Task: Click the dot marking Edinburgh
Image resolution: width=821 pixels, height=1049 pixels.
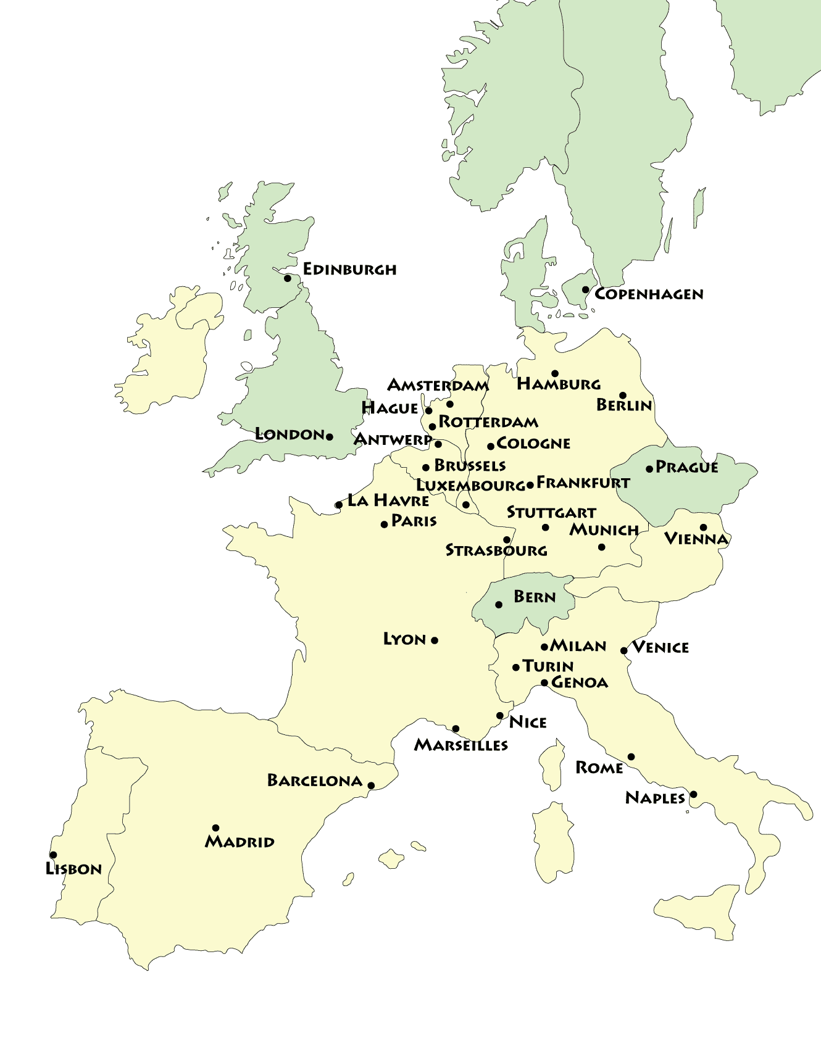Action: coord(287,278)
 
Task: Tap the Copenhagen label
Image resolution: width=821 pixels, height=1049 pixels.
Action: coord(648,294)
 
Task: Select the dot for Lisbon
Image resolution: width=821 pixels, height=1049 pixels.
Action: coord(53,855)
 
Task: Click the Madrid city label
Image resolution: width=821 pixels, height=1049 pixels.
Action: coord(240,842)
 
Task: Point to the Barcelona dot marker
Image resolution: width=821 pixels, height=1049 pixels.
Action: coord(371,786)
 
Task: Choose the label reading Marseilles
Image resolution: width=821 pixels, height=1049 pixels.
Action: coord(461,745)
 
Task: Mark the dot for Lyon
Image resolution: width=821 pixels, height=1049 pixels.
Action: coord(435,641)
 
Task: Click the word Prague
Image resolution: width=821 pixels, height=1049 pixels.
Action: coord(686,467)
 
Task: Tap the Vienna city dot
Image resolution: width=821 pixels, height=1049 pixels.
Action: coord(703,528)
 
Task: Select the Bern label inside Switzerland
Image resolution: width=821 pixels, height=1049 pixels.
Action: coord(535,597)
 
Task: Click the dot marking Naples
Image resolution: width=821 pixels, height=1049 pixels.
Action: coord(693,794)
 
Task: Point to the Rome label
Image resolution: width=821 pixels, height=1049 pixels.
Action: coord(599,768)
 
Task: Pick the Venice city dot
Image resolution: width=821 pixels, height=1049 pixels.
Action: coord(624,650)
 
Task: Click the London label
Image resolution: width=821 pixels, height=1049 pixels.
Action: coord(290,434)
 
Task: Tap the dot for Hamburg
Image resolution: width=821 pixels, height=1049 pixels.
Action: coord(555,373)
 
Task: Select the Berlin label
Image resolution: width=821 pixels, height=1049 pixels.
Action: coord(623,405)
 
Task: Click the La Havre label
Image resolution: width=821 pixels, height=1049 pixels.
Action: coord(388,500)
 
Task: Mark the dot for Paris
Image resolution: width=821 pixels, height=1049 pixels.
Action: coord(385,524)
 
